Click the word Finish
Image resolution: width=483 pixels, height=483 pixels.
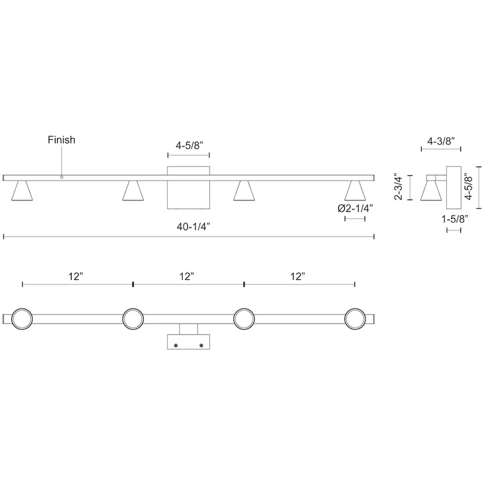click(62, 140)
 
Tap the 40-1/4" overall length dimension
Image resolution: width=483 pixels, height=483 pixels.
click(193, 227)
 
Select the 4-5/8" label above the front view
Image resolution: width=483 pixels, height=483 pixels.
click(190, 146)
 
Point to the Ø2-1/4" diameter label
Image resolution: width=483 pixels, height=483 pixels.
click(355, 208)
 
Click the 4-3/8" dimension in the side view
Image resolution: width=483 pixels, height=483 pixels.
click(441, 141)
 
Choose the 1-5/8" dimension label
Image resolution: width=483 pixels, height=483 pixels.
click(455, 219)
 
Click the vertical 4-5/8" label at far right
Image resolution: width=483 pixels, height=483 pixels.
click(469, 188)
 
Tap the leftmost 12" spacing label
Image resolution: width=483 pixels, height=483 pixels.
click(76, 277)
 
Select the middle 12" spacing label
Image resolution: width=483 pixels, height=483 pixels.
click(187, 277)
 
